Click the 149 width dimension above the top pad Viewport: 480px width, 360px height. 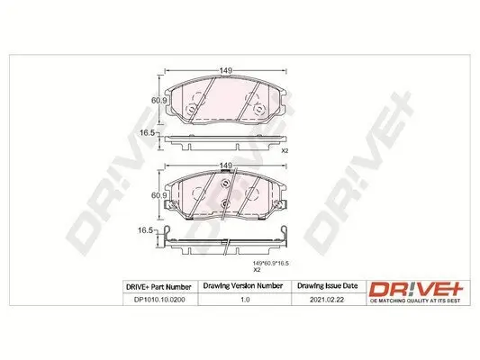225,70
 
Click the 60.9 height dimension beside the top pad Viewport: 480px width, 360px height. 158,100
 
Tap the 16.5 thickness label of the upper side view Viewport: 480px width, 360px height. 148,133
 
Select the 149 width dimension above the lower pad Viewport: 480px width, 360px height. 225,166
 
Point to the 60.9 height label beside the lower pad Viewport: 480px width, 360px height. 158,195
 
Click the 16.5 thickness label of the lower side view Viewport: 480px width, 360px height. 145,230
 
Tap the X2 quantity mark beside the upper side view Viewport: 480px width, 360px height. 285,151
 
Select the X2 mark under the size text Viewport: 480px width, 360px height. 257,270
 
